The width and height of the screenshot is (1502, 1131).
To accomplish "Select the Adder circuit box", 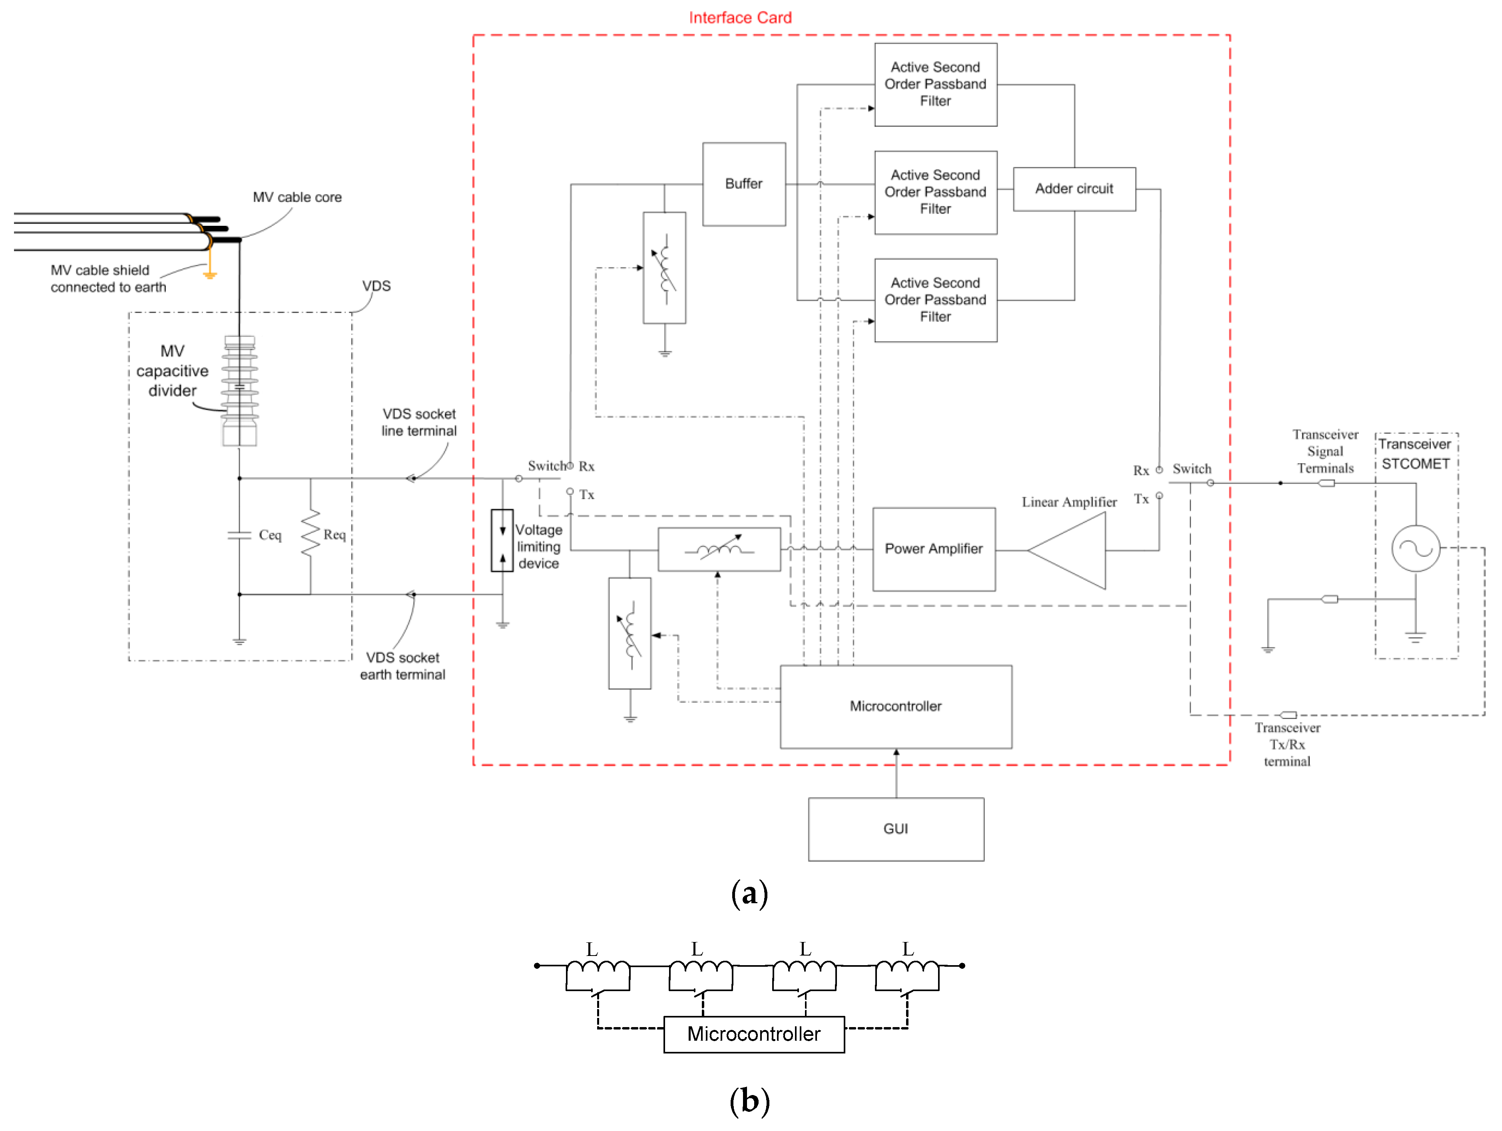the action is click(1074, 189).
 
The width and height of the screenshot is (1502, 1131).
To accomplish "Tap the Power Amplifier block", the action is click(934, 549).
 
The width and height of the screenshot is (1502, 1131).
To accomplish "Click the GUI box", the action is click(896, 829).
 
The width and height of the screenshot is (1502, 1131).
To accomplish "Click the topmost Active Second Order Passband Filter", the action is click(936, 85).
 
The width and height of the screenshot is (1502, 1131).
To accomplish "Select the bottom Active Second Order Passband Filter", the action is click(936, 300).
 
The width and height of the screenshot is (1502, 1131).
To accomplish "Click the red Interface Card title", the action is click(740, 18).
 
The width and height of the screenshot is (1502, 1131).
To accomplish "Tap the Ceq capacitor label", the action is click(269, 535).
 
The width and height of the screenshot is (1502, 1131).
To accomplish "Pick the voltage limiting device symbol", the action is click(502, 540).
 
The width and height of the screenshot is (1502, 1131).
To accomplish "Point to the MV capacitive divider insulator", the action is click(240, 390).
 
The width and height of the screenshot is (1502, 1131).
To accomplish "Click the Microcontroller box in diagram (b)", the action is click(754, 1034).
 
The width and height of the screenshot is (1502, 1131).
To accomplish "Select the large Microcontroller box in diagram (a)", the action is click(896, 707).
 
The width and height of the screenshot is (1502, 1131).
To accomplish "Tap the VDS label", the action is click(376, 286).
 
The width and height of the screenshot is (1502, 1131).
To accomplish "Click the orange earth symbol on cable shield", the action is click(210, 275).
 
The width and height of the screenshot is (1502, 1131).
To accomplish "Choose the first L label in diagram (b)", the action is click(592, 949).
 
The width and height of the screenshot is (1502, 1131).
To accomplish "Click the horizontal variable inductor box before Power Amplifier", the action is click(719, 549).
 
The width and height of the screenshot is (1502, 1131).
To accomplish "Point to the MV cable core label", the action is click(297, 197).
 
